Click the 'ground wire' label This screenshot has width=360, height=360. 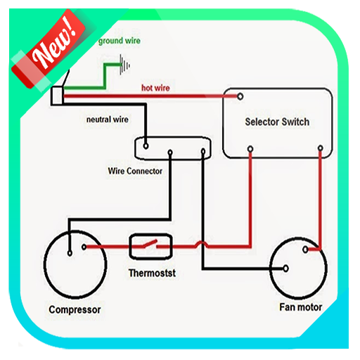[119, 41]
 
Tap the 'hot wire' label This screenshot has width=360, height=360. [157, 88]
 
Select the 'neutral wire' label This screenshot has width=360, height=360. [107, 120]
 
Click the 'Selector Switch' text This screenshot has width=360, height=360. [277, 122]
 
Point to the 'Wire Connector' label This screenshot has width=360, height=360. [135, 171]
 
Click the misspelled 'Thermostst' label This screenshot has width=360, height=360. [151, 272]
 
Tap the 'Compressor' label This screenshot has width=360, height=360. [75, 309]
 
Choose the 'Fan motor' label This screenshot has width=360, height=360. [300, 307]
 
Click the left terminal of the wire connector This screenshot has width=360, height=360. [146, 146]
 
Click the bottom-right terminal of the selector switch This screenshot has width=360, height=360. [321, 148]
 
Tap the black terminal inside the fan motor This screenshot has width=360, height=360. [285, 268]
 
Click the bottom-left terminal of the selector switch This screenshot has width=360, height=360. [251, 148]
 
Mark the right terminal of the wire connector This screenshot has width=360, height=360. [203, 150]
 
